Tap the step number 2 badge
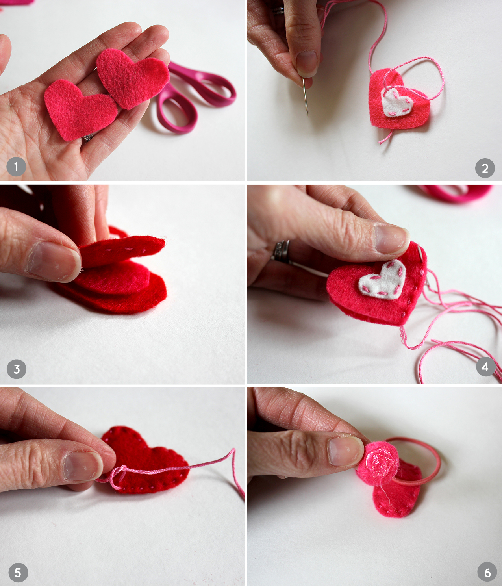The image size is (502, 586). pyautogui.click(x=485, y=168)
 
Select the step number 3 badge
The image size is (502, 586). pyautogui.click(x=17, y=369)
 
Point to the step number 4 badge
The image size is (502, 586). pyautogui.click(x=485, y=367)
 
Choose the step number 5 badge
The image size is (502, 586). pyautogui.click(x=18, y=572)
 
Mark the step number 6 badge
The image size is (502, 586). pyautogui.click(x=487, y=572)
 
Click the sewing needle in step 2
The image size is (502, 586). pyautogui.click(x=306, y=97)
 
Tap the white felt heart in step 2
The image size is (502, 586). pyautogui.click(x=396, y=102)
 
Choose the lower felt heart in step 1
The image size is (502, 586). pyautogui.click(x=80, y=109)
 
